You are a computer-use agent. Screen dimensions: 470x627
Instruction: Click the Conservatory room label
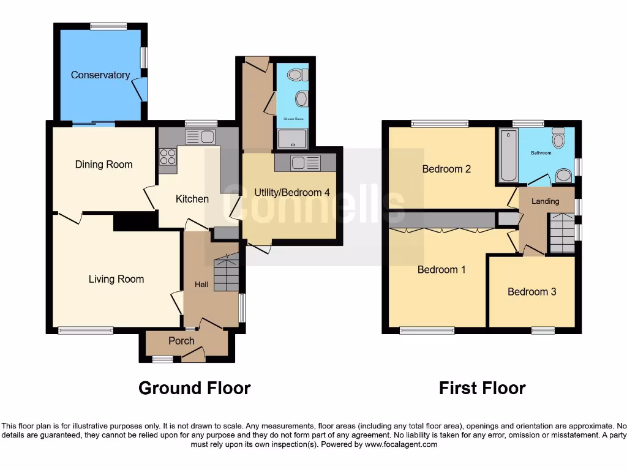(x=100, y=75)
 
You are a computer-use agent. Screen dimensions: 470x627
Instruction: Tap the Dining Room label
(x=103, y=164)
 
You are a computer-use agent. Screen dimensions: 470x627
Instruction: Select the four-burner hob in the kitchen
(x=168, y=157)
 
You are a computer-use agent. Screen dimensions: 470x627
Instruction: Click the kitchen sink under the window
(x=199, y=136)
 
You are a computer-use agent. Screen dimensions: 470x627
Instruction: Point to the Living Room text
(x=116, y=279)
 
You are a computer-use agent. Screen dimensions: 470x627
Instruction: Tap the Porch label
(x=181, y=341)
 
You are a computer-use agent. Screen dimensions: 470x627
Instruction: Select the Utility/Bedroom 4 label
(x=292, y=192)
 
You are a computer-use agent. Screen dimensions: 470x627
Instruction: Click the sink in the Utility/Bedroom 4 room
(x=305, y=163)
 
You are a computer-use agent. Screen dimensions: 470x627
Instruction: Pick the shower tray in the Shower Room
(x=292, y=140)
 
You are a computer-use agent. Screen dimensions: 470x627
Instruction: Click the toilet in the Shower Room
(x=296, y=75)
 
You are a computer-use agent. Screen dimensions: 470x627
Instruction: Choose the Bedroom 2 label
(x=446, y=169)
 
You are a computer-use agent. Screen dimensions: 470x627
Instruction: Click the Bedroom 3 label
(x=531, y=291)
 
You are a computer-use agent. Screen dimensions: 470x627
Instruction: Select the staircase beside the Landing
(x=561, y=233)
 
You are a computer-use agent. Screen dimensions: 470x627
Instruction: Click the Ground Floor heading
(x=194, y=388)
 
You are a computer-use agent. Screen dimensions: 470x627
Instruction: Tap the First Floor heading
(x=482, y=388)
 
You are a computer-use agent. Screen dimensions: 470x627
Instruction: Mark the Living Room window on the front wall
(x=86, y=330)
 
